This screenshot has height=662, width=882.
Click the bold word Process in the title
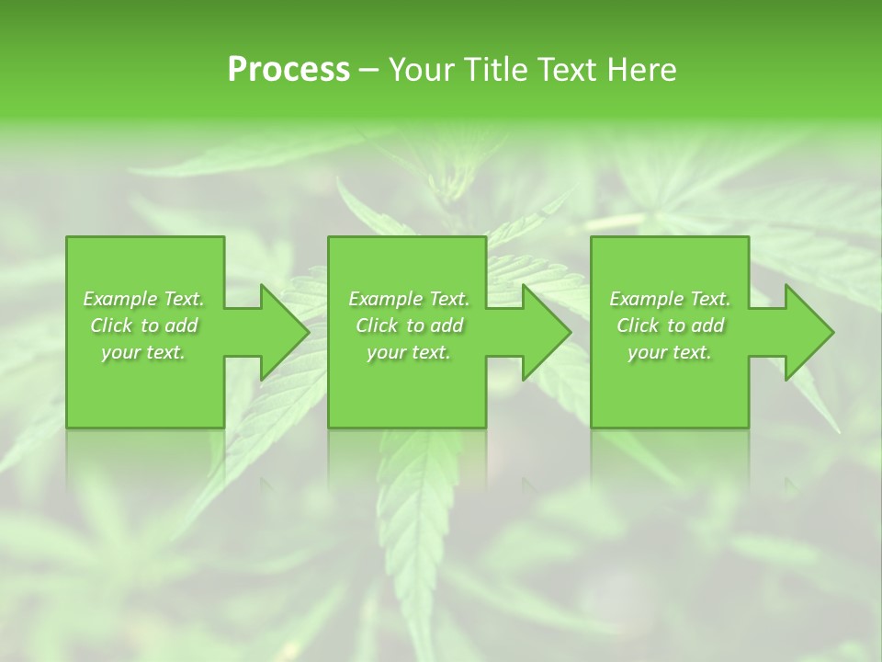(x=288, y=70)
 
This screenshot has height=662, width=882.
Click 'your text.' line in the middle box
(x=408, y=352)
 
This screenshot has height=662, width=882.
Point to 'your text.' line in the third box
(x=669, y=352)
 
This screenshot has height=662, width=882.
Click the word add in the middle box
(x=446, y=325)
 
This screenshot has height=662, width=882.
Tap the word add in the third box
(x=707, y=325)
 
